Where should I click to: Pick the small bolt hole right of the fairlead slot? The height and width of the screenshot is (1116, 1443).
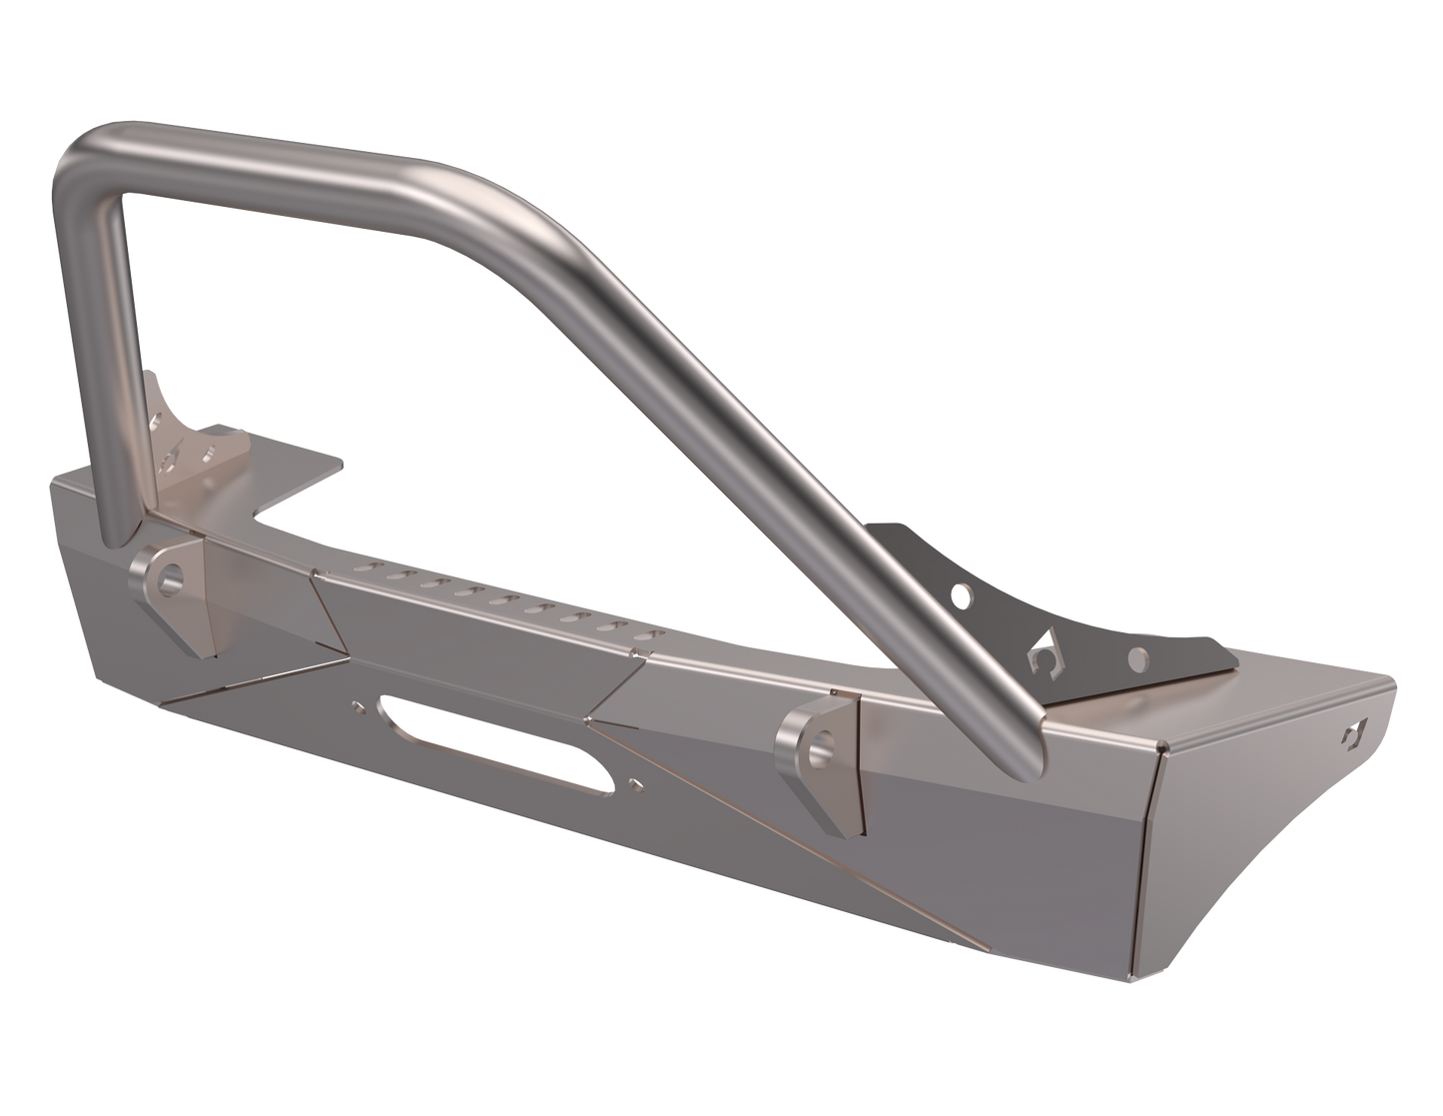coord(635,786)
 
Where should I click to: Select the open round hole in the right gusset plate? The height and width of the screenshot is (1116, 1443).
coord(963,597)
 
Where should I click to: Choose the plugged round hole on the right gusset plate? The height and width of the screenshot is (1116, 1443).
coord(1137,657)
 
